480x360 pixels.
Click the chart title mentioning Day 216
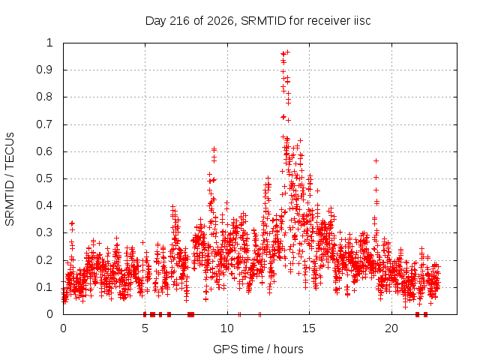pos(258,21)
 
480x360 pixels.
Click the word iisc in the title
pos(362,21)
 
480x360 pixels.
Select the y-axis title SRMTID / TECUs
pos(10,179)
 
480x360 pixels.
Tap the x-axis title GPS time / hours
pos(258,349)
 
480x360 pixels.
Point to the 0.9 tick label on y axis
pos(45,70)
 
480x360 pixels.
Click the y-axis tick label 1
pos(50,43)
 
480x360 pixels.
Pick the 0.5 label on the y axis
pos(45,178)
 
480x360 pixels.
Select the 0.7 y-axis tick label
pos(45,124)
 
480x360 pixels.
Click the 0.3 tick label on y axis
pos(45,232)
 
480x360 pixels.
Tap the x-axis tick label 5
pos(145,328)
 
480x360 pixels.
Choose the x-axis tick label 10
pos(227,328)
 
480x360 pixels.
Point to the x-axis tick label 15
pos(309,328)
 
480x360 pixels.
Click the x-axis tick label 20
pos(391,328)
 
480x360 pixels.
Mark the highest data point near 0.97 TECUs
pos(287,52)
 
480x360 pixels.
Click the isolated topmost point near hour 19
pos(376,160)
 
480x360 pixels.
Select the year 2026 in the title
pos(220,21)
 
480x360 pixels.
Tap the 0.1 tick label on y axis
pos(45,286)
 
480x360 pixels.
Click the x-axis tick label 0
pos(63,328)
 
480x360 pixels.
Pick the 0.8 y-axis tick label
pos(45,97)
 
